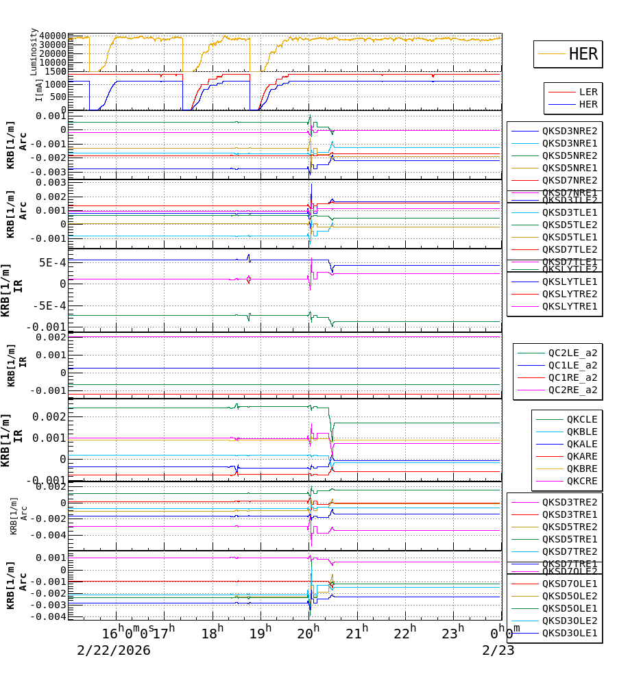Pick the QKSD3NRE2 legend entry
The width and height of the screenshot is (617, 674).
coord(570,131)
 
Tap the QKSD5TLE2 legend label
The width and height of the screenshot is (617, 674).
coord(570,225)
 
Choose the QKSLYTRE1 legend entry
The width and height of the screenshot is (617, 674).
coord(570,306)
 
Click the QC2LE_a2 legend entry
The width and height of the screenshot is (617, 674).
coord(572,353)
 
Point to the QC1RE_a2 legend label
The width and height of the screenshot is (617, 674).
coord(572,378)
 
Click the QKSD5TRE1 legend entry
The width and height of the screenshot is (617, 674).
coord(570,539)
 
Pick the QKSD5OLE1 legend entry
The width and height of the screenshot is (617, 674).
coord(570,608)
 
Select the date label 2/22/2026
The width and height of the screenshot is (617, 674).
coord(114,650)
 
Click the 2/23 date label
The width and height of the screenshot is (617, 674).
coord(498,650)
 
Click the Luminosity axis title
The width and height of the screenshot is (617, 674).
coord(34,51)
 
